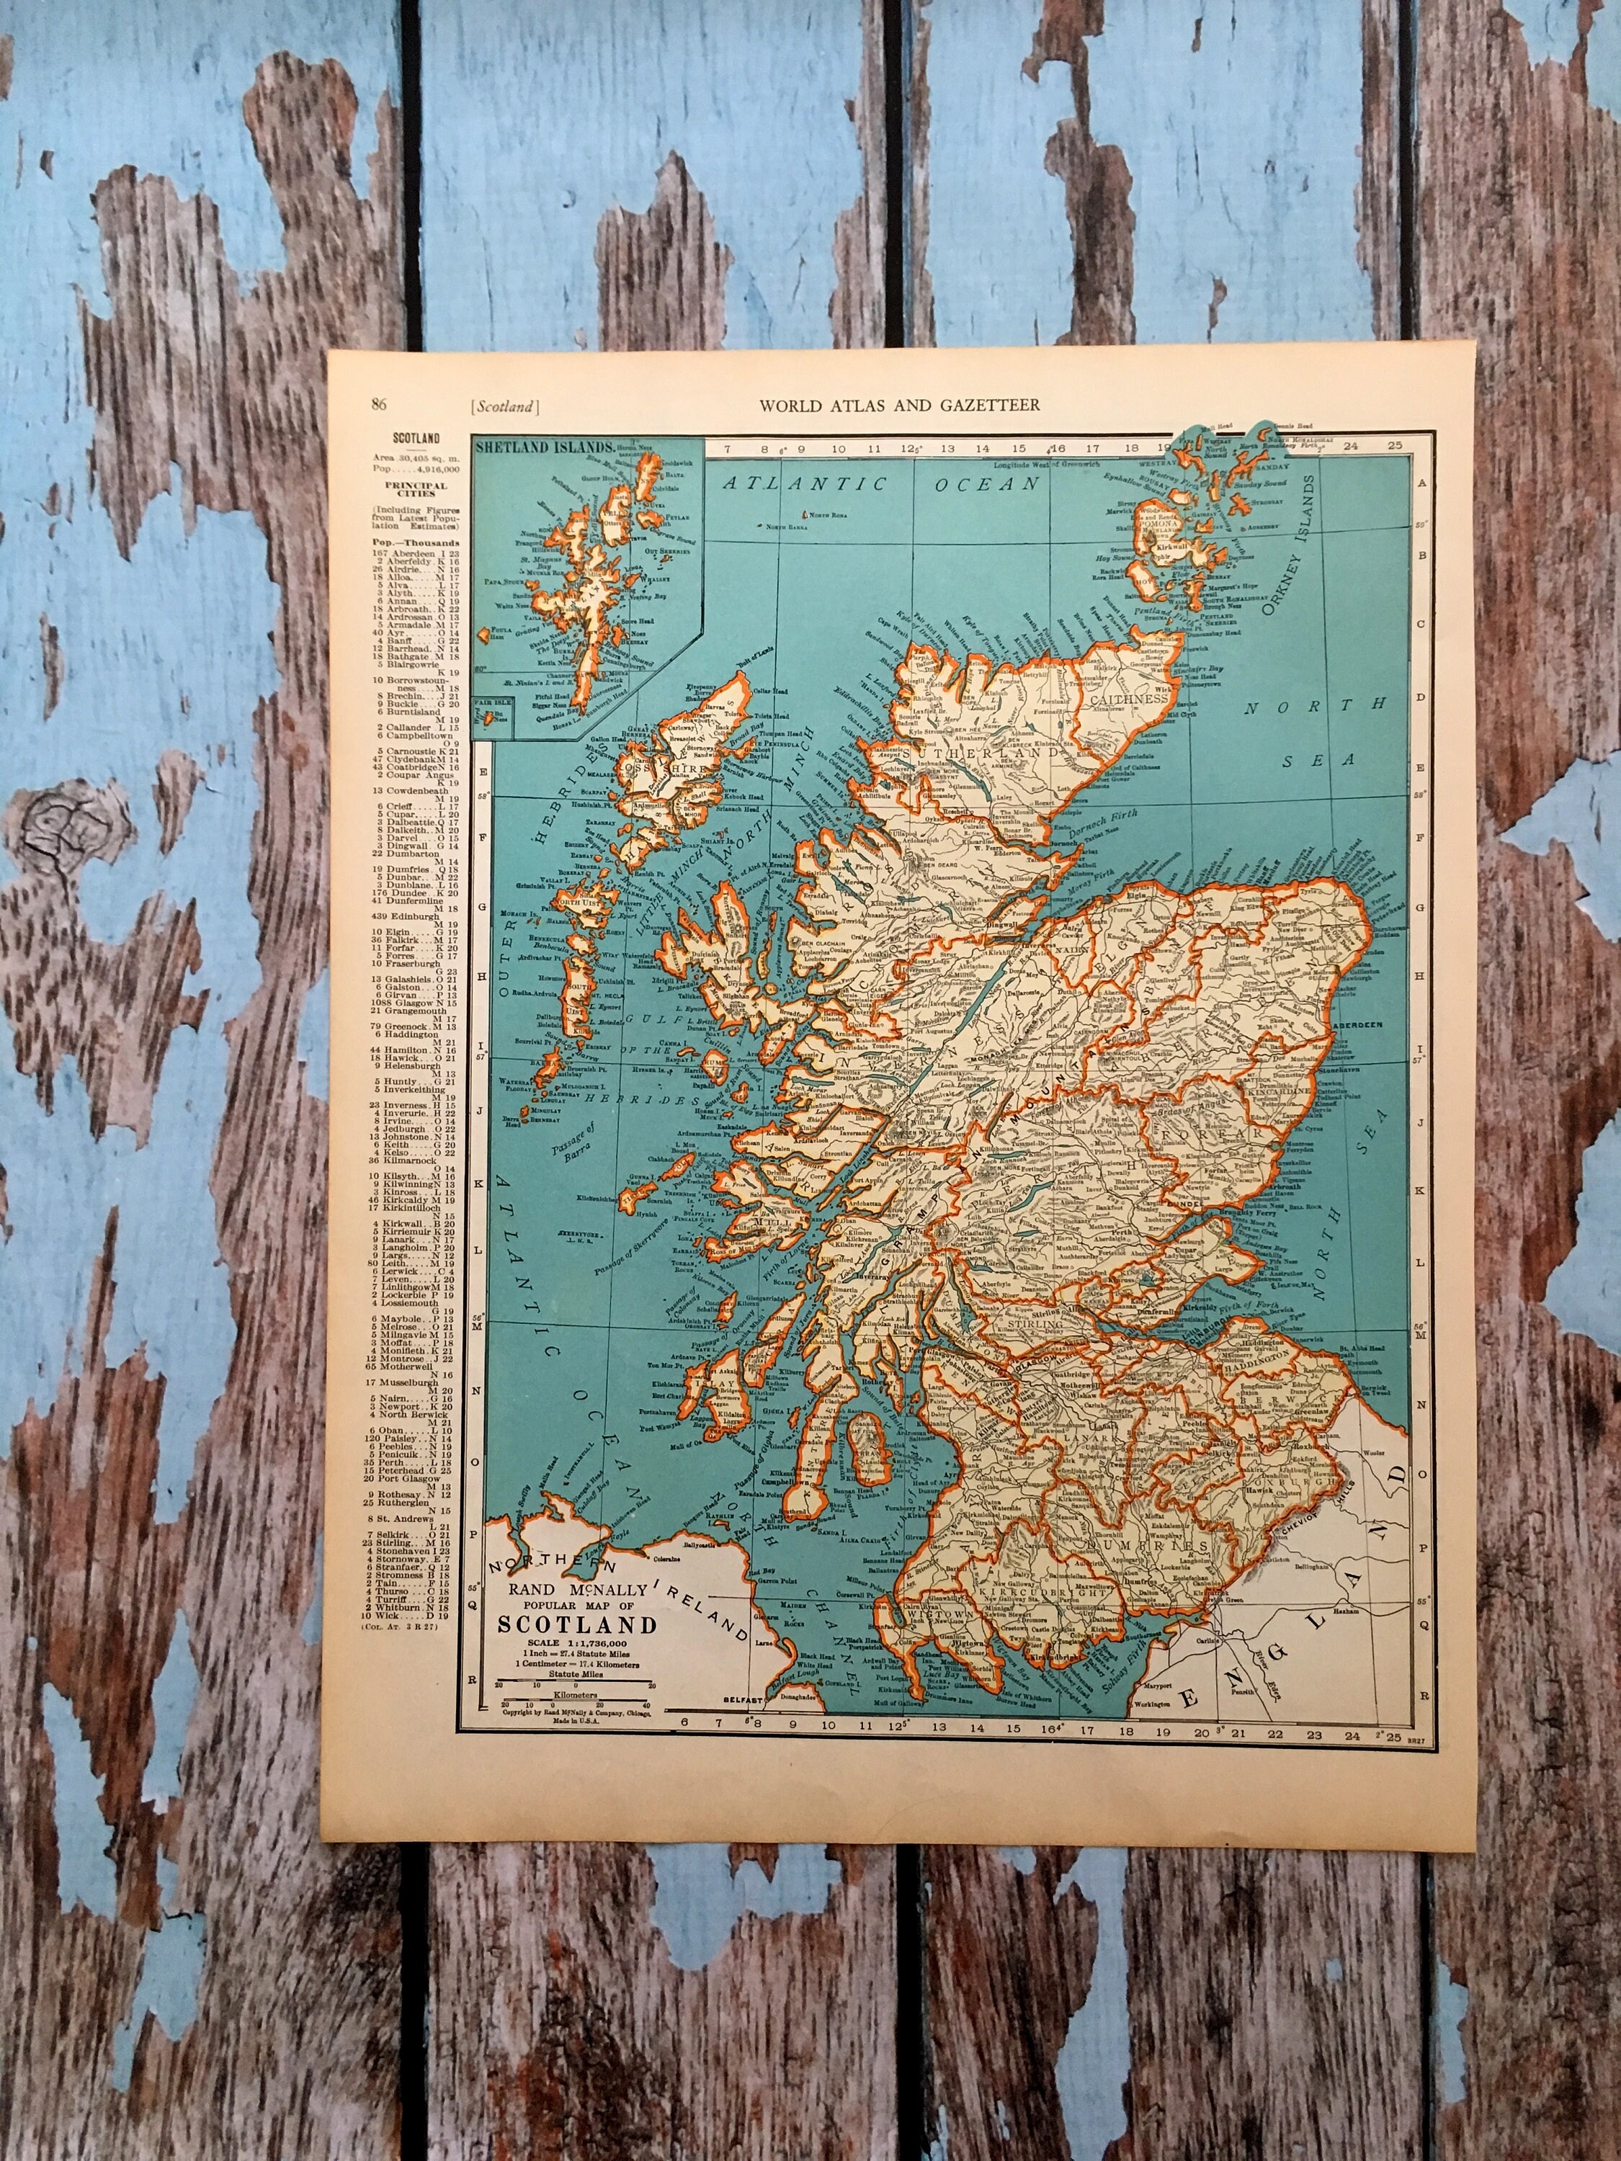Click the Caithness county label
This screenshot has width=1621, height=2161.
click(1142, 699)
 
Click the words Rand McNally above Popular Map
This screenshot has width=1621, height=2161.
click(578, 1590)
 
